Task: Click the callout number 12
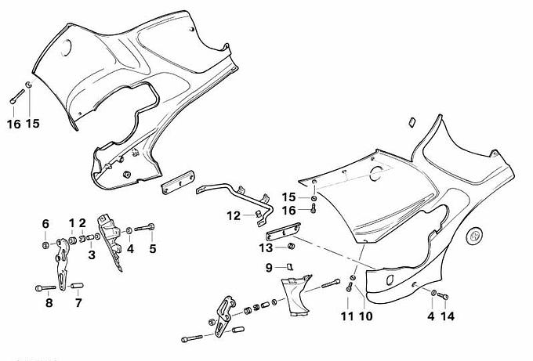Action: pos(234,215)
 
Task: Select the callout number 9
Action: pos(268,268)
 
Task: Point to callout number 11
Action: pos(347,316)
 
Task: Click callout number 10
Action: pos(364,316)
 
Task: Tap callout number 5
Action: pos(153,249)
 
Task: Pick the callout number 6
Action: pos(45,224)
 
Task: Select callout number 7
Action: pos(78,301)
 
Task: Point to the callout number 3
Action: pos(91,254)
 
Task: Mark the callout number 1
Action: pos(71,224)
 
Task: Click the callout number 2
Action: pos(82,224)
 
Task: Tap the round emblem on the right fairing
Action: pos(475,236)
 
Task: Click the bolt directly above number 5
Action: pos(148,229)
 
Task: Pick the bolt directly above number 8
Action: pos(45,287)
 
